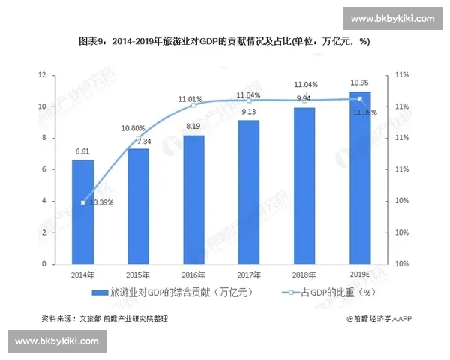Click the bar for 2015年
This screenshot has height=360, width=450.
click(138, 206)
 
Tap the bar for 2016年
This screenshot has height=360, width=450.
click(193, 199)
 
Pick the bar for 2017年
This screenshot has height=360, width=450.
click(249, 192)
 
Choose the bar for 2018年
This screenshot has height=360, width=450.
click(304, 185)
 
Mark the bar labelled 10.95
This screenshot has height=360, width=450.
click(360, 178)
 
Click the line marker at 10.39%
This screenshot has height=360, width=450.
click(82, 203)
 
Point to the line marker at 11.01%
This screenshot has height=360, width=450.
click(193, 105)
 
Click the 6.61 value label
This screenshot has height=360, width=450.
click(82, 152)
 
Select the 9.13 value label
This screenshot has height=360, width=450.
click(249, 112)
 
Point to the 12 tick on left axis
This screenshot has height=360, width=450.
click(43, 75)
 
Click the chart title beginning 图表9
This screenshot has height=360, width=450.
click(225, 42)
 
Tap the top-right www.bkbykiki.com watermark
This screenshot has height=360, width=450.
click(392, 18)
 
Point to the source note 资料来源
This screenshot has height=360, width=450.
click(105, 319)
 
